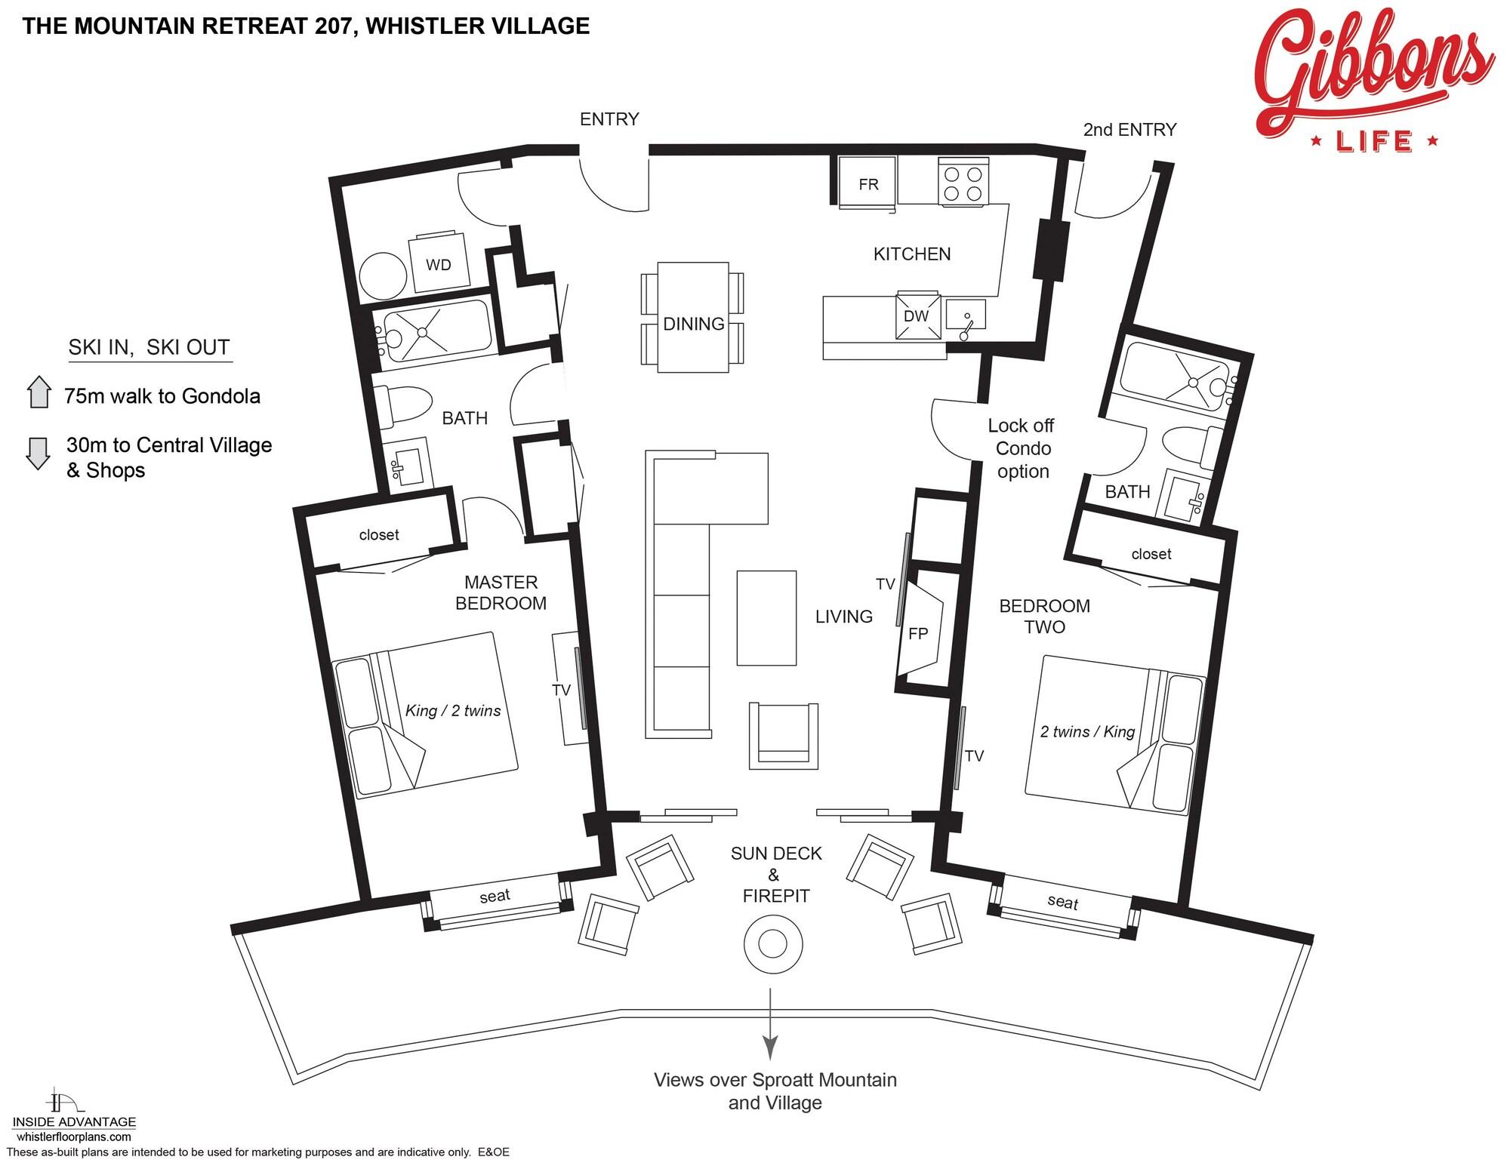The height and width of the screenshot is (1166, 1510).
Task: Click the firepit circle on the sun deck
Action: click(x=772, y=944)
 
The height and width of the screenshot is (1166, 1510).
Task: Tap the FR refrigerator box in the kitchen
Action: click(x=868, y=182)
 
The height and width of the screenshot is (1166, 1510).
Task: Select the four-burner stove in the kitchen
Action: click(x=963, y=182)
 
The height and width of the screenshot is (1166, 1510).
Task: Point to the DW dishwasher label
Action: click(x=916, y=316)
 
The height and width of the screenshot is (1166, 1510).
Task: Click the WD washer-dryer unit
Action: click(x=438, y=264)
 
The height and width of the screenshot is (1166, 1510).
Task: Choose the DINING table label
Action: click(x=694, y=324)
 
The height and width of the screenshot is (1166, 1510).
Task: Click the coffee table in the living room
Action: click(x=766, y=617)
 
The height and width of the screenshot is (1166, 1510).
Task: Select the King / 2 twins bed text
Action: click(x=453, y=711)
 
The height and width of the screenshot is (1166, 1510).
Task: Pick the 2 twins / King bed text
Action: click(x=1087, y=731)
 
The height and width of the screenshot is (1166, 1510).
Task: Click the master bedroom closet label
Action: click(x=379, y=535)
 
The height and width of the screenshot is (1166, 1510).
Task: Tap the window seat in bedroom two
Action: click(x=1062, y=902)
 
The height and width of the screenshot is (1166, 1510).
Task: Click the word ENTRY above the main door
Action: click(x=609, y=119)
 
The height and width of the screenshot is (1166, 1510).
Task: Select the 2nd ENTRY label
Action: click(x=1129, y=130)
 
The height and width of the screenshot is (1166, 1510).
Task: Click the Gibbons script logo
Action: click(x=1373, y=79)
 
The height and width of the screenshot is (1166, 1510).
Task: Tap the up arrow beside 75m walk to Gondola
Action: click(x=39, y=392)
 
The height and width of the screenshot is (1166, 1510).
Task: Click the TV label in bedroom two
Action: click(x=974, y=755)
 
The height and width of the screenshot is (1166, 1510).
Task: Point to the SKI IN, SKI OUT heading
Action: click(x=149, y=347)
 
